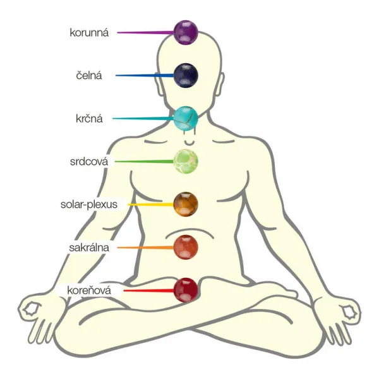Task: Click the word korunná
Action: [89, 33]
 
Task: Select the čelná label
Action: [89, 76]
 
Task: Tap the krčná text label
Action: [89, 119]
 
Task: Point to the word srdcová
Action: [89, 162]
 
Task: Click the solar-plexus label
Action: [89, 205]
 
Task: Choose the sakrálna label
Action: [89, 248]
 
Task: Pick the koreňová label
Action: [89, 291]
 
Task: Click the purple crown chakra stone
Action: [186, 32]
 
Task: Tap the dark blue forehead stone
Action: [186, 75]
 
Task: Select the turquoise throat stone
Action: [186, 119]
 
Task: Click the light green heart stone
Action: [186, 162]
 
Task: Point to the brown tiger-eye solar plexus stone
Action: [186, 204]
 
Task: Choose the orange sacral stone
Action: [186, 247]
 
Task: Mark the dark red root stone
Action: [186, 291]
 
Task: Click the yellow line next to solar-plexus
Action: [150, 205]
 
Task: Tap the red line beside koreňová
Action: [148, 291]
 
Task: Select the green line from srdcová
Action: [144, 162]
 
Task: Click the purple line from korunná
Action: [145, 32]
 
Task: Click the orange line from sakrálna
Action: [145, 248]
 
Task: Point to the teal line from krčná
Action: [143, 119]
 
